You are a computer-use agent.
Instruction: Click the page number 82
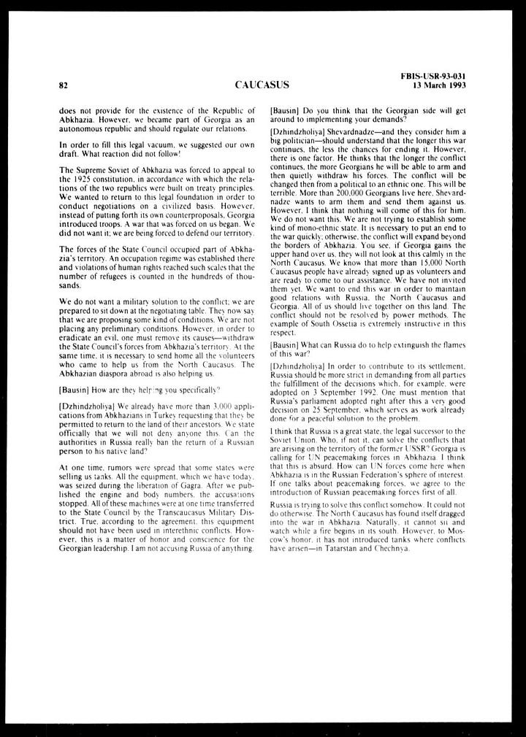click(64, 85)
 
